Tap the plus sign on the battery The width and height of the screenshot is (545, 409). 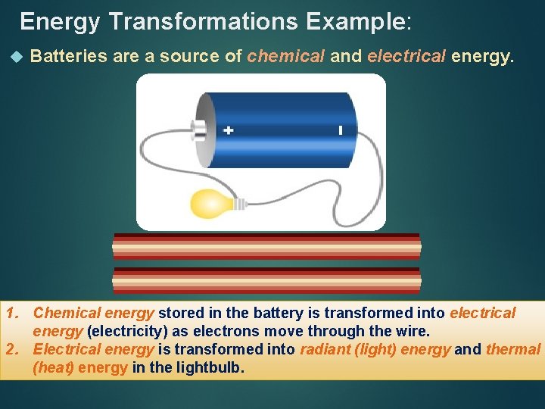coord(229,130)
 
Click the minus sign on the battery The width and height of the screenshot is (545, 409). coord(341,130)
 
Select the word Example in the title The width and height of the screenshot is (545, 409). coord(356,21)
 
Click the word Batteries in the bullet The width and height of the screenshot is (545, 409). coord(68,56)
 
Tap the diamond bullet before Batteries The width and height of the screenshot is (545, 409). coord(17,57)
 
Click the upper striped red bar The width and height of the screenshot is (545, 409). coord(266,247)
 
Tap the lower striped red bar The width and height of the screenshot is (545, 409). coord(266,280)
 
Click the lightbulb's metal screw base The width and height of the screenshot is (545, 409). coord(239,203)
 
